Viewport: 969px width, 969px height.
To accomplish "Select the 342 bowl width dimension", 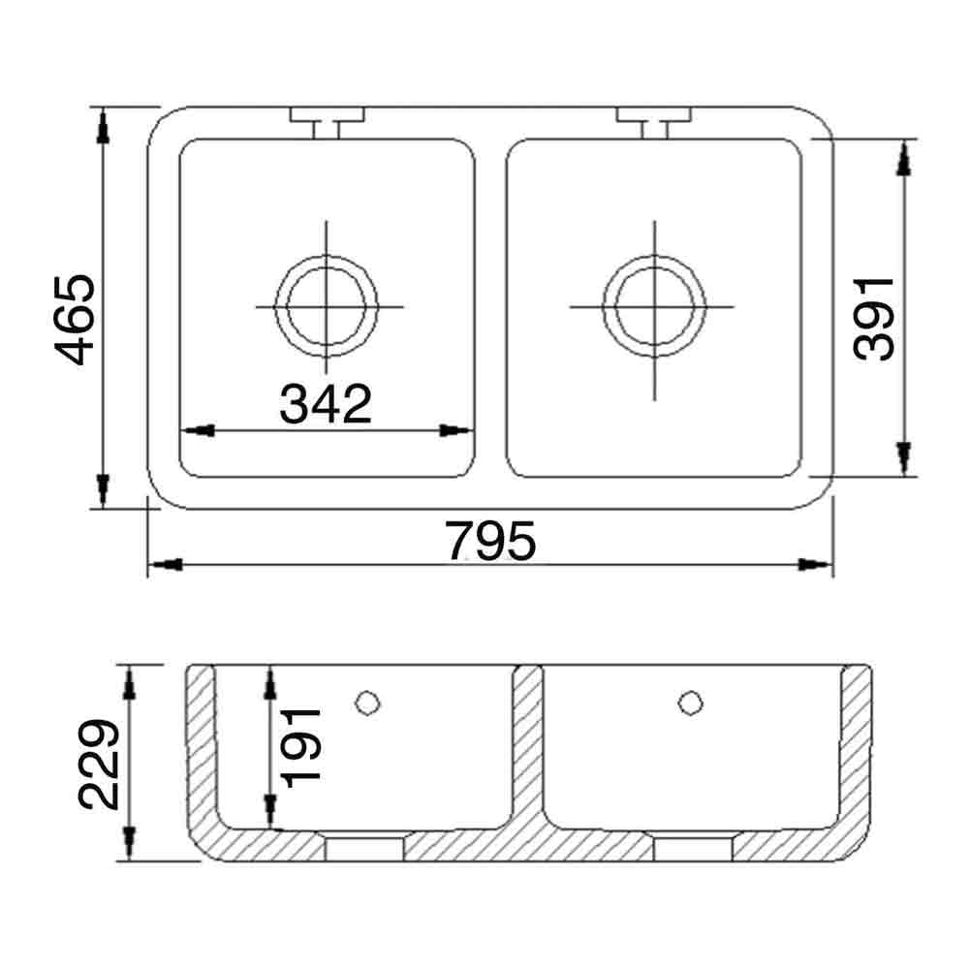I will click(x=326, y=404).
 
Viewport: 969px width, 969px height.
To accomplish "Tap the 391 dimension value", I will click(x=875, y=318).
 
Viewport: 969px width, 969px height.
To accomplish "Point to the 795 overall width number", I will click(x=490, y=542).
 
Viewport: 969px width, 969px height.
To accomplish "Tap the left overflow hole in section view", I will click(x=366, y=702).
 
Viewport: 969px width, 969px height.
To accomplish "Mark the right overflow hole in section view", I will click(x=690, y=702).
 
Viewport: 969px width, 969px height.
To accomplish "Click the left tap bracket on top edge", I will click(x=327, y=119).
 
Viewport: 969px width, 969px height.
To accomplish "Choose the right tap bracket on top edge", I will click(x=654, y=119).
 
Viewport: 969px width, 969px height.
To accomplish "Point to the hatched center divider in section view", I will click(x=527, y=746).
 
